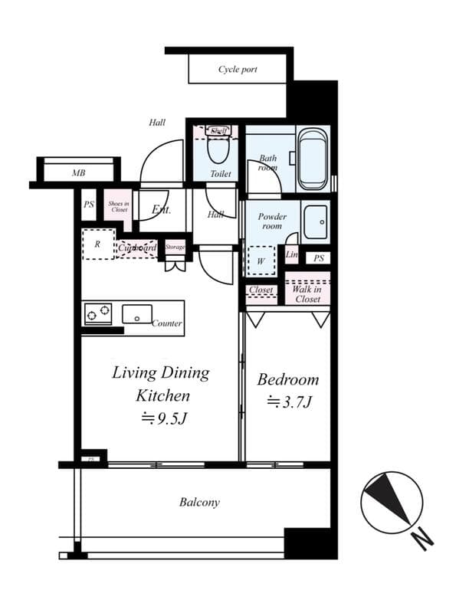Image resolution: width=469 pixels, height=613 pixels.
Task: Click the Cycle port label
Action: pyautogui.click(x=238, y=70)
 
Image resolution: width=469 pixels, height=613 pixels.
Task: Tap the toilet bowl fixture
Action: pyautogui.click(x=218, y=149)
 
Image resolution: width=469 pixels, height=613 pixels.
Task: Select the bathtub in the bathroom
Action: pyautogui.click(x=313, y=159)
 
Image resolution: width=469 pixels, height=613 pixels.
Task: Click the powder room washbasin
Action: pyautogui.click(x=315, y=223)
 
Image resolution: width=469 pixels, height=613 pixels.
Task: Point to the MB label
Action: pyautogui.click(x=78, y=174)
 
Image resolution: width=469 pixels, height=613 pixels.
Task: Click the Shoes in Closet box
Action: pyautogui.click(x=118, y=205)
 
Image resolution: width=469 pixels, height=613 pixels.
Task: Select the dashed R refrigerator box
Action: pyautogui.click(x=98, y=244)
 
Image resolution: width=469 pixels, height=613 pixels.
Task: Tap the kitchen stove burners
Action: pyautogui.click(x=98, y=313)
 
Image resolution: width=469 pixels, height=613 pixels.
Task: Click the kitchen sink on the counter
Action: pyautogui.click(x=136, y=313)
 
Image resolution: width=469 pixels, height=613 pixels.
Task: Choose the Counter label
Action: pyautogui.click(x=166, y=323)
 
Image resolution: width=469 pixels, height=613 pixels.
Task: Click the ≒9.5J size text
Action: pyautogui.click(x=162, y=418)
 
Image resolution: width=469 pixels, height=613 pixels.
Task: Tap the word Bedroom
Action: pyautogui.click(x=287, y=379)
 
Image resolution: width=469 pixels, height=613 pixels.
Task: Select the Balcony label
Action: pyautogui.click(x=199, y=503)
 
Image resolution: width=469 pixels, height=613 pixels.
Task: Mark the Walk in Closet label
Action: pyautogui.click(x=307, y=293)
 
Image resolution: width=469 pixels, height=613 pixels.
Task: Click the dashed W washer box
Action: pyautogui.click(x=260, y=259)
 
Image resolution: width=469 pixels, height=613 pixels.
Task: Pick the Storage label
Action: pyautogui.click(x=175, y=247)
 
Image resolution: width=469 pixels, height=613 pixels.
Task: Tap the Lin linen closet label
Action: pyautogui.click(x=291, y=254)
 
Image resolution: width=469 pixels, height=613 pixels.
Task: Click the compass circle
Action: pyautogui.click(x=391, y=502)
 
